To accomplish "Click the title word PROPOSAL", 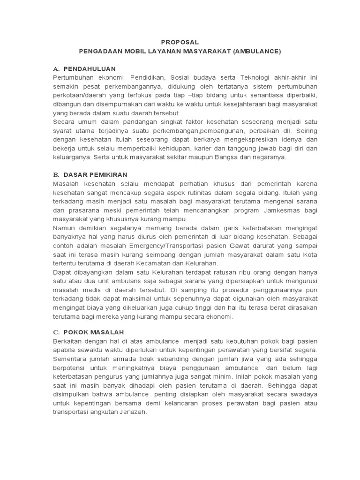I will [180, 42].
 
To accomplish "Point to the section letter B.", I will [55, 175].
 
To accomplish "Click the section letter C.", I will [55, 332].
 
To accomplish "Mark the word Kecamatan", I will [142, 263].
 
